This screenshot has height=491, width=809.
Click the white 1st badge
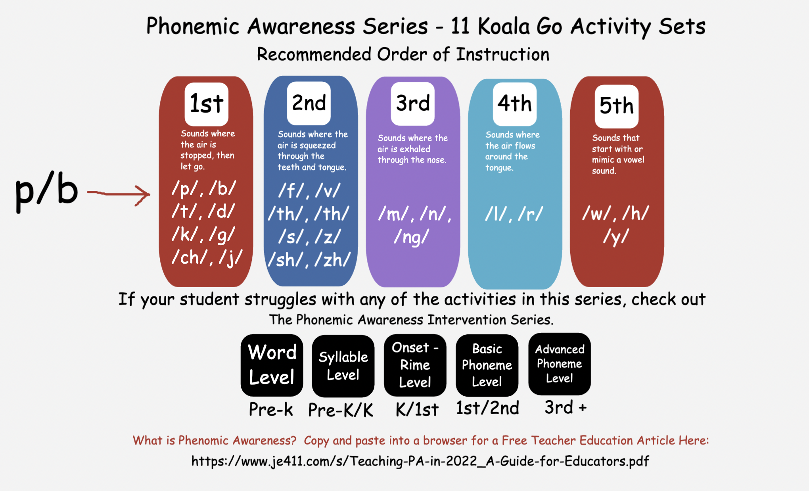point(207,104)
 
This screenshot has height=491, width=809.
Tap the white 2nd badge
point(309,103)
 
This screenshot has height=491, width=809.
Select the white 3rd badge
point(413,104)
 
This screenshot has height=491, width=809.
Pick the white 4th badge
point(515,104)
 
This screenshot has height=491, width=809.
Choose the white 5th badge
point(617,106)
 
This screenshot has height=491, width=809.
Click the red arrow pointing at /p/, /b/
point(119,194)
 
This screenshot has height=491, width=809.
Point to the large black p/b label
point(46,194)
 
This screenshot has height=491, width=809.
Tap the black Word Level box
point(272,365)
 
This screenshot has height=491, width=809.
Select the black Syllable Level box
point(343,366)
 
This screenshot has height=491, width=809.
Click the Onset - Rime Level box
point(415,365)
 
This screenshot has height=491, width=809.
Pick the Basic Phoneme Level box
point(487,365)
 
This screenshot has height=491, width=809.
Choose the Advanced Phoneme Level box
point(560,364)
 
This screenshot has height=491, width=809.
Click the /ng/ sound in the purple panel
point(412,237)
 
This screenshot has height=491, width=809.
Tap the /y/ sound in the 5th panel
point(616,237)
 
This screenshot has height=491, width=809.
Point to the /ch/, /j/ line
point(207,258)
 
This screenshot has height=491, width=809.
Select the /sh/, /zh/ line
point(309,260)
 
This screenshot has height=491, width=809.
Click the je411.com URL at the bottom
point(420,461)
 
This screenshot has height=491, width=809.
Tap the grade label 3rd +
point(566,407)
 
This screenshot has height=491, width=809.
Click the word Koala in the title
point(504,27)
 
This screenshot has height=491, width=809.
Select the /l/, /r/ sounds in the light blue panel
point(514,214)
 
